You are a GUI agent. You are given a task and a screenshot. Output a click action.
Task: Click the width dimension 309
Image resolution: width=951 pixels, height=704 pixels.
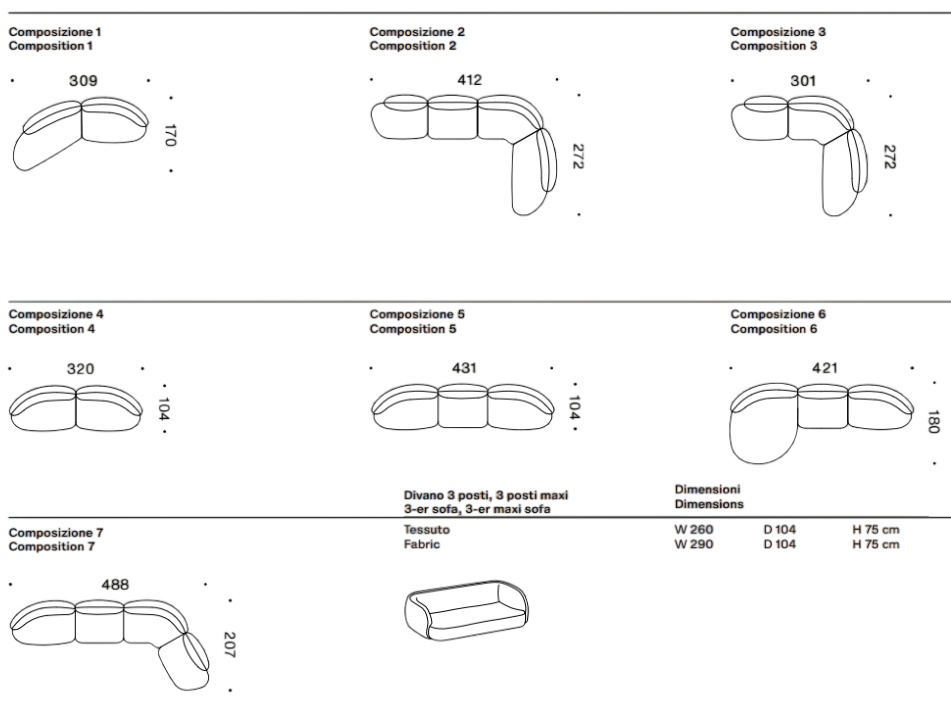click(x=83, y=81)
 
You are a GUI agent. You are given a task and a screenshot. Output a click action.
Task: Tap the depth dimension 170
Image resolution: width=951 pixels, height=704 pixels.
click(x=170, y=135)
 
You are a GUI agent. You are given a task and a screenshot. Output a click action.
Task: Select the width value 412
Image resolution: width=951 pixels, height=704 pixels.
click(x=469, y=79)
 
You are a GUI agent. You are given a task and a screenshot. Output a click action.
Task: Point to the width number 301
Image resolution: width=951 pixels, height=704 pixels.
click(x=803, y=81)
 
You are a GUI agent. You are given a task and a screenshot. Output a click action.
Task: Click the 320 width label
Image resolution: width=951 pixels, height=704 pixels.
click(x=81, y=369)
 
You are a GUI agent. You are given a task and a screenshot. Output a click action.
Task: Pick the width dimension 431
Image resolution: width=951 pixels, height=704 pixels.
click(x=464, y=368)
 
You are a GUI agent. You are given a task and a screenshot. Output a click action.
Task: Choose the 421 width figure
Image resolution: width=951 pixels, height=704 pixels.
click(x=825, y=368)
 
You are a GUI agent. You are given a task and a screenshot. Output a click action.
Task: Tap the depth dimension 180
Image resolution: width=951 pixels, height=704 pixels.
click(x=934, y=422)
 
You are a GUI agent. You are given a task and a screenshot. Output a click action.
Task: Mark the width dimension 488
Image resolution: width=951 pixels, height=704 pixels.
click(x=115, y=585)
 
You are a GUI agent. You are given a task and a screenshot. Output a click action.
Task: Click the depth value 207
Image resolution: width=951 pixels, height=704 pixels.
click(x=230, y=645)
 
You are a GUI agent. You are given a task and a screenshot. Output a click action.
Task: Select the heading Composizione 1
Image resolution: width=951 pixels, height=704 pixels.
click(x=55, y=32)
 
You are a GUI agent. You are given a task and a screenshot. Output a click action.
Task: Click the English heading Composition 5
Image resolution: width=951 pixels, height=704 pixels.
click(x=413, y=329)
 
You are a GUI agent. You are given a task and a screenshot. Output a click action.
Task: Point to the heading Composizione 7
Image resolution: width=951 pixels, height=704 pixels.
click(x=56, y=532)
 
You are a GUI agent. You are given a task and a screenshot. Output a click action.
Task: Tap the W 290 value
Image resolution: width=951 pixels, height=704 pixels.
click(x=694, y=544)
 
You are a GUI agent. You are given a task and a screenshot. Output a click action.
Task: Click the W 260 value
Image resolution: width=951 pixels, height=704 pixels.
click(x=694, y=529)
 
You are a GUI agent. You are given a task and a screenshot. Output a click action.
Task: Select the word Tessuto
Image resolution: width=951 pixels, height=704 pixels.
click(x=427, y=529)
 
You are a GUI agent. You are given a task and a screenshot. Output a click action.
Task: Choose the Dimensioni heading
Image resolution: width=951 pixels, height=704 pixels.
click(x=707, y=489)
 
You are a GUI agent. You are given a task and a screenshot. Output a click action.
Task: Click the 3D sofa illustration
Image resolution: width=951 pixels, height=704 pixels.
click(x=466, y=609)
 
